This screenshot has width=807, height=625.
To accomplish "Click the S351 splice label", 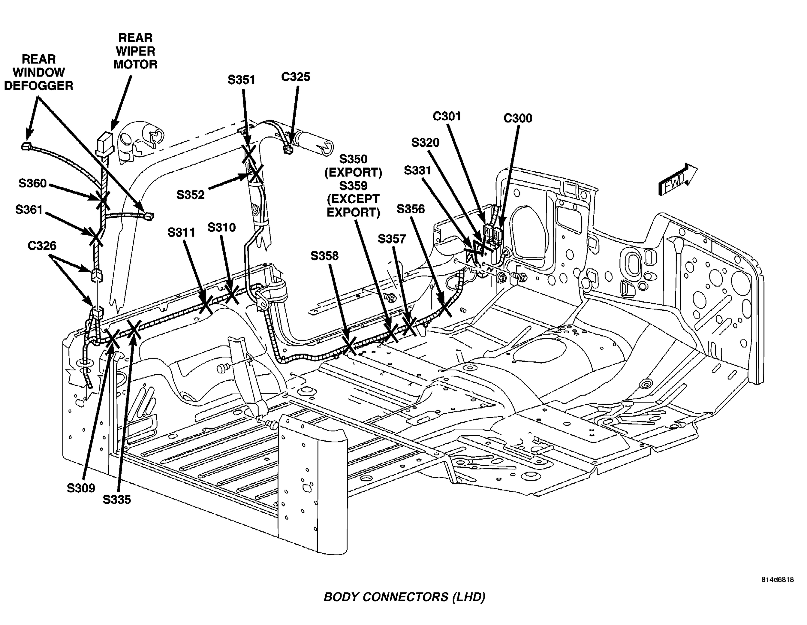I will [241, 80].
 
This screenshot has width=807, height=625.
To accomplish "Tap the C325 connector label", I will [295, 77].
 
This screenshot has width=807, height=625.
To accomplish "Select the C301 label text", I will [447, 116].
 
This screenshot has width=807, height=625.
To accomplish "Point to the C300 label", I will [518, 118].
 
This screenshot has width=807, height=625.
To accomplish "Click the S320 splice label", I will [425, 143].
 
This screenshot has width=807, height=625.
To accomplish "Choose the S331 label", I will [417, 170].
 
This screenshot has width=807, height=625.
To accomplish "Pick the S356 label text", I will [411, 209].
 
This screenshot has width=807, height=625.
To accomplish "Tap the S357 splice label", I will [392, 239].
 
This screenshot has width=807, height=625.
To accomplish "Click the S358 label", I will [324, 256].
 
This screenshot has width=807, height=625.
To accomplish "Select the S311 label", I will [181, 232].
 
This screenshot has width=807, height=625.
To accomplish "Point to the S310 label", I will [221, 227].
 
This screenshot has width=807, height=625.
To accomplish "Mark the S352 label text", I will [190, 195].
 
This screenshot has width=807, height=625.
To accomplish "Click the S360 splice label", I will [33, 183].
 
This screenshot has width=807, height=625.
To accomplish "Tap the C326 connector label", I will [42, 246].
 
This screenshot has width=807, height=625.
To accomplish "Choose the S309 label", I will [81, 488].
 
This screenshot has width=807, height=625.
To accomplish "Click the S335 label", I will [117, 499].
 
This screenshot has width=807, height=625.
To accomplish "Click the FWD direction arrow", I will [677, 180].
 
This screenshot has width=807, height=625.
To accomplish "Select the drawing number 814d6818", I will [777, 579].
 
